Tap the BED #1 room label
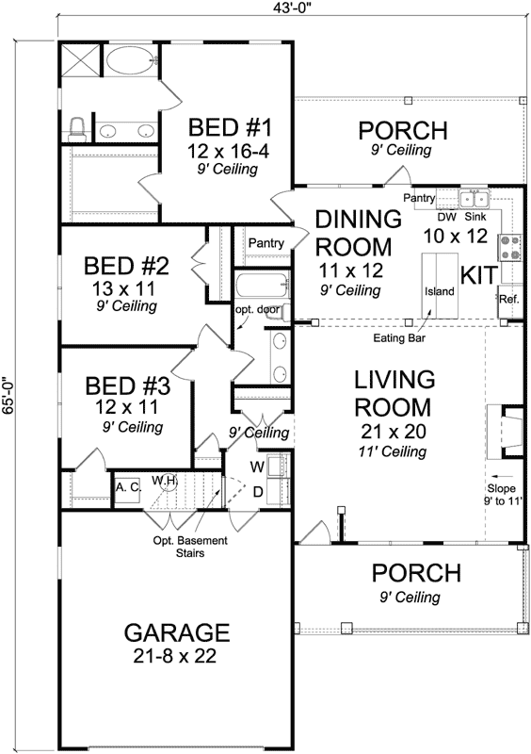(x=230, y=126)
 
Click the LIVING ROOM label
(x=394, y=395)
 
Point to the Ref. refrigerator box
(x=509, y=299)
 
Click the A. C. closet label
(x=127, y=487)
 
